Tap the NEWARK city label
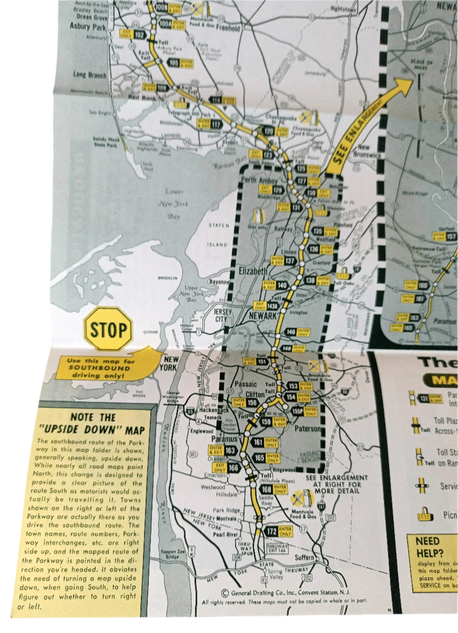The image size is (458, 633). [262, 316]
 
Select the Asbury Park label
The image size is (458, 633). [88, 27]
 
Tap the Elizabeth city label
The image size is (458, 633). [253, 271]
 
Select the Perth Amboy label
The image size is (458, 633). [259, 181]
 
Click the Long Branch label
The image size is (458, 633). [90, 75]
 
